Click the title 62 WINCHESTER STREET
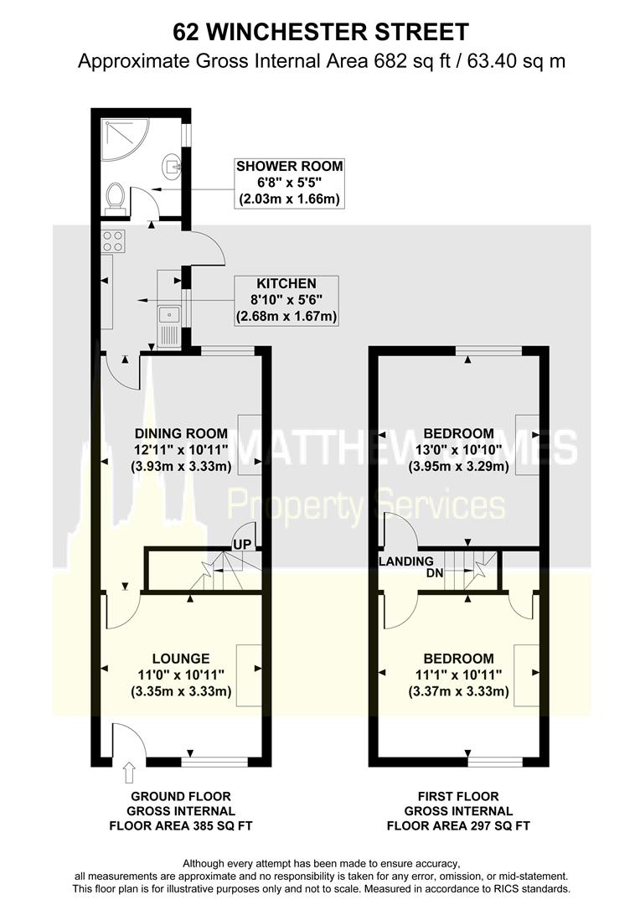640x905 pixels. point(320,32)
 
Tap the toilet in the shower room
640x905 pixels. point(115,197)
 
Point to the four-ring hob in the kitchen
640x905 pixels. point(113,241)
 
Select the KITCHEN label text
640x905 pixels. point(286,283)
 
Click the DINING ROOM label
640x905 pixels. point(181,433)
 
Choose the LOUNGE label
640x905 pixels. point(181,659)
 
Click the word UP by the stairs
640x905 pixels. point(242,545)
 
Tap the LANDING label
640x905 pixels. point(406,561)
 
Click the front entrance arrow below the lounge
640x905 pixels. point(127,768)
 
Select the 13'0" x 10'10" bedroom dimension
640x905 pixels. point(458,450)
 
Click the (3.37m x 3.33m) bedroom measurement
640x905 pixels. point(458,691)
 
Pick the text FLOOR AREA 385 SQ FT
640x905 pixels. point(180,825)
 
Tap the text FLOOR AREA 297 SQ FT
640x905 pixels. point(458,825)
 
